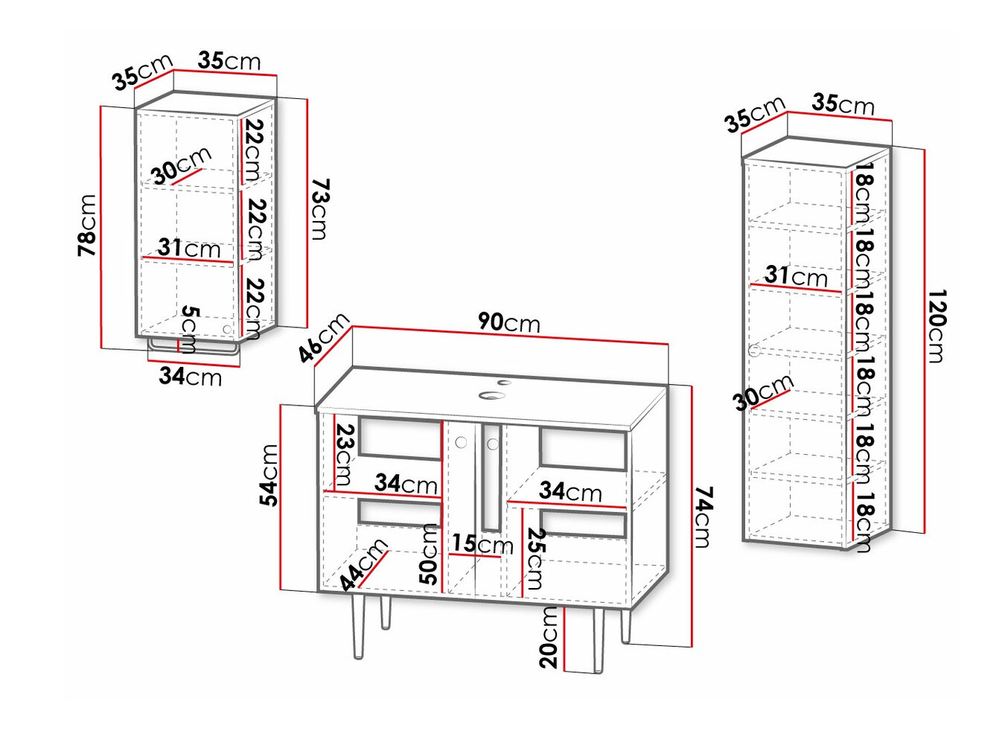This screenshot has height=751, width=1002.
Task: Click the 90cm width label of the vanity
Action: pos(508,322)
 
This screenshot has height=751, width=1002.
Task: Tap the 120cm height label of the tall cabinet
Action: pos(936,326)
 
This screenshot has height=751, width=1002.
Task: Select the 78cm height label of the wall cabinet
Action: pos(88,226)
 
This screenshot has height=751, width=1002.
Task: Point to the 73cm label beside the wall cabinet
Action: pos(319,209)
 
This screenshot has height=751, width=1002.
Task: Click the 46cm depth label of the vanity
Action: pos(324,337)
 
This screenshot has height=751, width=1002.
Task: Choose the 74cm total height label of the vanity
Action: pos(703,517)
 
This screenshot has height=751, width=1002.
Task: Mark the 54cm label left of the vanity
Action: pos(269,475)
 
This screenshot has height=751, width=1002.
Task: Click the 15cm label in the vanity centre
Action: pos(482,544)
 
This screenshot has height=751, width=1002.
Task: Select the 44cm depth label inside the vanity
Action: pos(364,563)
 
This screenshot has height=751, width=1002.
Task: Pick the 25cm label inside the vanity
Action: pos(535,558)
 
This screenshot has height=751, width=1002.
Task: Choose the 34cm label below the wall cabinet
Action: pos(190,377)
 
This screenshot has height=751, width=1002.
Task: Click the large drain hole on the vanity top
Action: pos(491,395)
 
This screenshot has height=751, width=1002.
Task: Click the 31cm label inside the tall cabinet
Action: pos(795,276)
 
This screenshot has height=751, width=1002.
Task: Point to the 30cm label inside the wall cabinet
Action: pos(182,165)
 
